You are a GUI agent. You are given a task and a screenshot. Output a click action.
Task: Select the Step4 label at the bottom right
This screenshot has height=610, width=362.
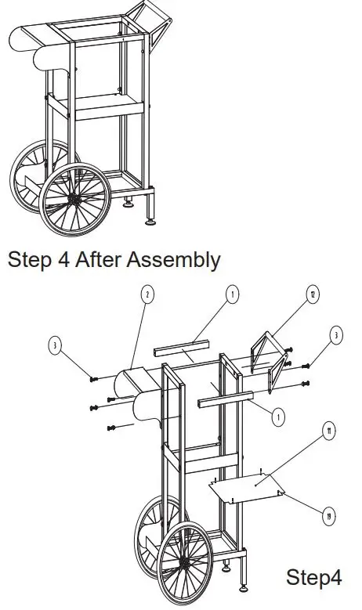(x=313, y=579)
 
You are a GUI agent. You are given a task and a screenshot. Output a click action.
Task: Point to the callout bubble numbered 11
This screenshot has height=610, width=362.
(x=328, y=430)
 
